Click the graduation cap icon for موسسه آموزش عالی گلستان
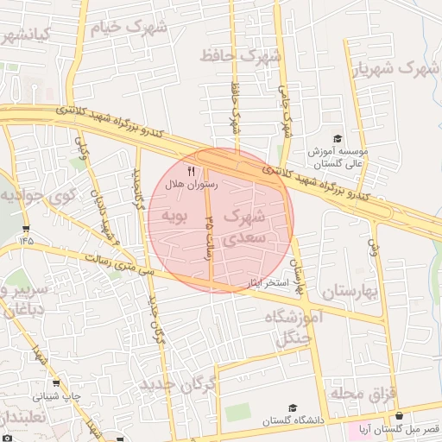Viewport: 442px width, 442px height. click(338, 138)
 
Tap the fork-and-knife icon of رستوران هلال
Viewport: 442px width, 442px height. click(191, 171)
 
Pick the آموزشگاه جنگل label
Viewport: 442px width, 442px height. click(298, 328)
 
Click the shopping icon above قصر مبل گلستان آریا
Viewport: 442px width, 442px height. click(399, 415)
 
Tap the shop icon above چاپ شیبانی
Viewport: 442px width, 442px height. click(56, 382)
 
